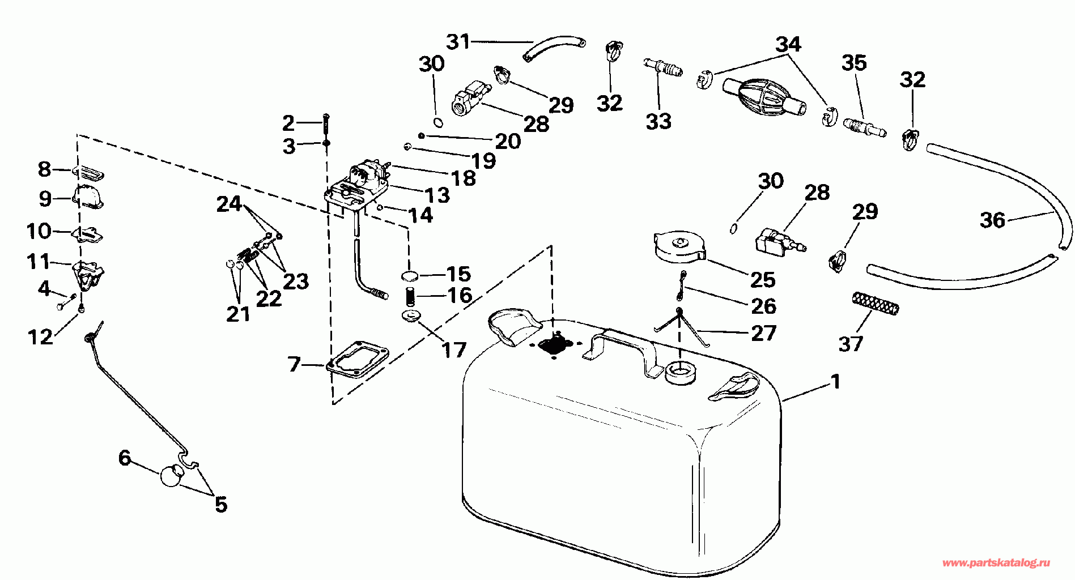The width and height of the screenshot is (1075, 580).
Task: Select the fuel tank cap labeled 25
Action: click(x=679, y=247)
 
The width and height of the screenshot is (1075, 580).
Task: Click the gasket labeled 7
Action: click(x=358, y=358)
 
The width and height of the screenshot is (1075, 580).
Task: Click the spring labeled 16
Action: click(x=410, y=296)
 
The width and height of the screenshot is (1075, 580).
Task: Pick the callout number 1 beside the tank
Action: click(x=835, y=382)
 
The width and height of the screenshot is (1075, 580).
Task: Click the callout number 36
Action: click(x=992, y=220)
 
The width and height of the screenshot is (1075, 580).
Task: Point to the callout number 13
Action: click(x=437, y=195)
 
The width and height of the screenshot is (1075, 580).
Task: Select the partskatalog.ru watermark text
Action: click(x=996, y=563)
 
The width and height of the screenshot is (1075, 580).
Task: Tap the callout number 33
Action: click(x=658, y=121)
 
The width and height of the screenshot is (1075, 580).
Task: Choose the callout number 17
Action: click(x=453, y=349)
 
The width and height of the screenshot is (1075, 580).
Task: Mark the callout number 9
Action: click(x=45, y=198)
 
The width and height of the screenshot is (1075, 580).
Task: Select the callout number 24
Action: click(x=229, y=204)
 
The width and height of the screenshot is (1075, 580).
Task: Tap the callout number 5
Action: click(x=221, y=504)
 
